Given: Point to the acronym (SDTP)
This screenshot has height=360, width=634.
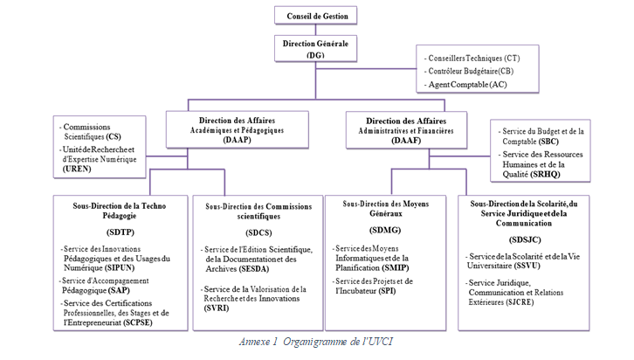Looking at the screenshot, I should [115, 233].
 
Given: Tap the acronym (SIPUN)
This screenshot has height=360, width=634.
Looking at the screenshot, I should [121, 267].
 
